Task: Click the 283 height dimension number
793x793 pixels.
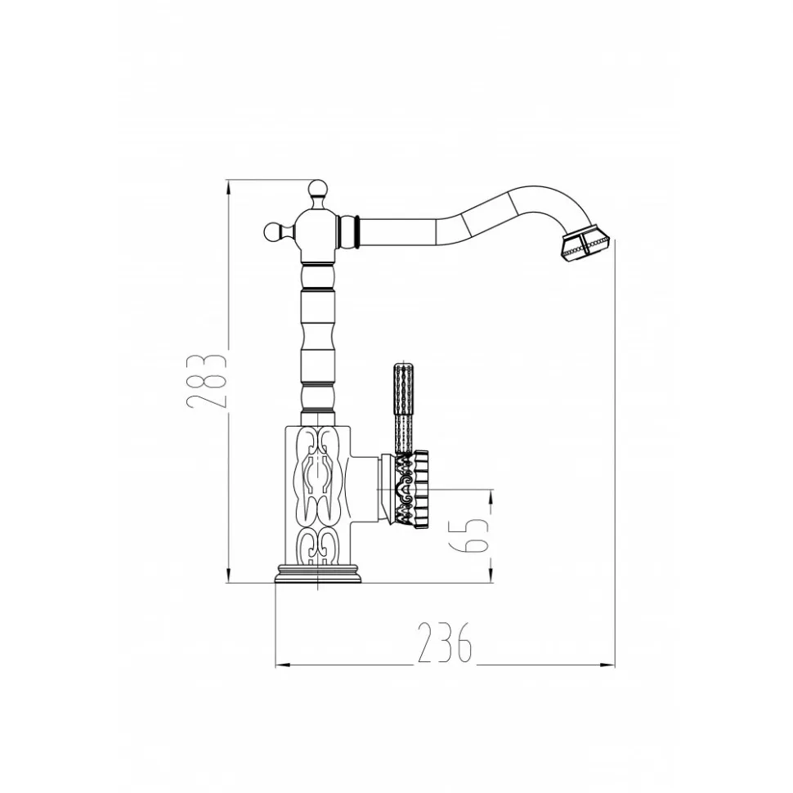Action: point(205,380)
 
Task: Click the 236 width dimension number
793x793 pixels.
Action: point(445,643)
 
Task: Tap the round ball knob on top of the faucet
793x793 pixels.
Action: point(317,189)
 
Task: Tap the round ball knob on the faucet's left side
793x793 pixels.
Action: point(272,232)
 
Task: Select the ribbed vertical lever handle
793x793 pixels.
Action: point(404,407)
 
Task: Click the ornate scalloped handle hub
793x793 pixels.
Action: point(410,490)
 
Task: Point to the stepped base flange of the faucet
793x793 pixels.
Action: point(318,574)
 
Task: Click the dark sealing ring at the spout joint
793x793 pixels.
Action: point(357,232)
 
